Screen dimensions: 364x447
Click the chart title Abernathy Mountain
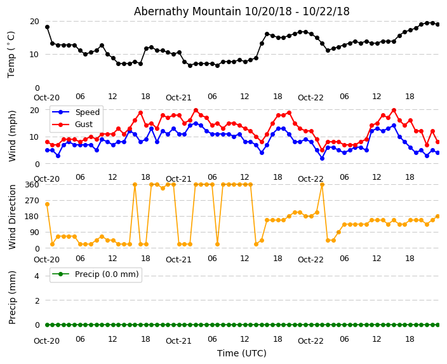pyautogui.click(x=241, y=11)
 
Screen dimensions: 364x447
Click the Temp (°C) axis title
pyautogui.click(x=11, y=54)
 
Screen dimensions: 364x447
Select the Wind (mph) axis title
pyautogui.click(x=12, y=135)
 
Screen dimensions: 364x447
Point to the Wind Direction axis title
pyautogui.click(x=12, y=216)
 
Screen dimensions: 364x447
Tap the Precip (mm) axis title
pyautogui.click(x=12, y=297)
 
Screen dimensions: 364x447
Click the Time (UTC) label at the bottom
pyautogui.click(x=241, y=353)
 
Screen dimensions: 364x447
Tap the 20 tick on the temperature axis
pyautogui.click(x=34, y=21)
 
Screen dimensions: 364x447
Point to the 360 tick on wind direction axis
pyautogui.click(x=32, y=184)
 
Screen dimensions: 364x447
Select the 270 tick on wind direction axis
pyautogui.click(x=32, y=200)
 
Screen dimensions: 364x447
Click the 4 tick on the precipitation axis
pyautogui.click(x=37, y=276)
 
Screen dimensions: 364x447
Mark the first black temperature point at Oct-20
pyautogui.click(x=47, y=27)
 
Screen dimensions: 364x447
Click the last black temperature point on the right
pyautogui.click(x=437, y=24)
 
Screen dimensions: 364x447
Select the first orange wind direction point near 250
pyautogui.click(x=47, y=204)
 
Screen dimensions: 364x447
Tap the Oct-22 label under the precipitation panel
pyautogui.click(x=310, y=340)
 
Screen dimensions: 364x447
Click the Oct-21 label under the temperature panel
pyautogui.click(x=178, y=97)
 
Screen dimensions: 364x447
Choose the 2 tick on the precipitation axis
pyautogui.click(x=37, y=300)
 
